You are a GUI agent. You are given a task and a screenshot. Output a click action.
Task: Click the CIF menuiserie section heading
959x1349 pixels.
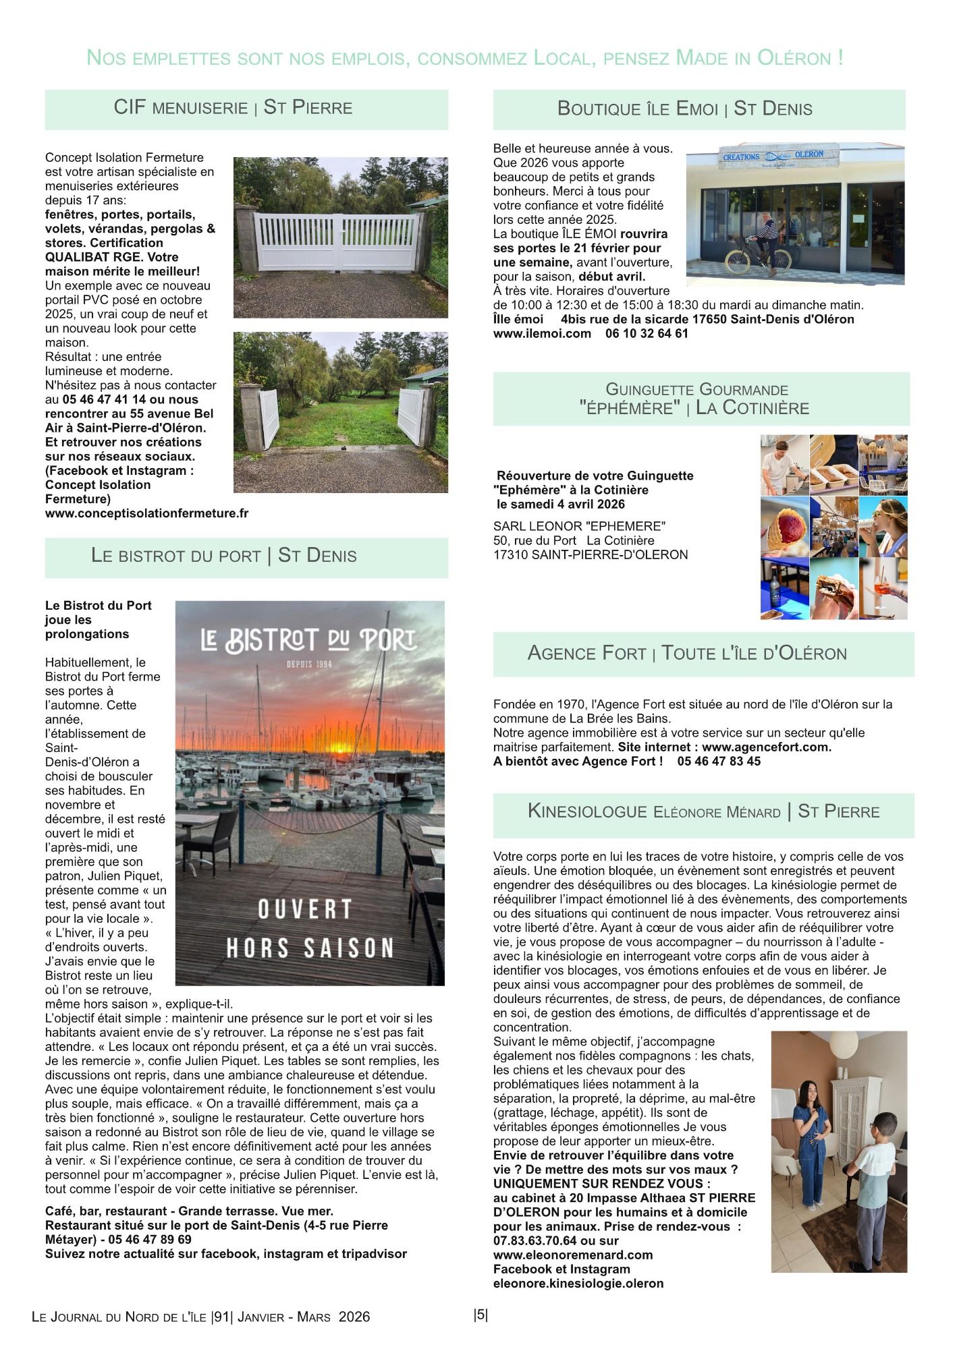tap(233, 108)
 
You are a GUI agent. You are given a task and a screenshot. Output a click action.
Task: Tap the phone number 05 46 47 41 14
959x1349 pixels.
tap(104, 399)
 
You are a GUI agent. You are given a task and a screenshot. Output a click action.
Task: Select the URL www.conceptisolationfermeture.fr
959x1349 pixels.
tap(146, 513)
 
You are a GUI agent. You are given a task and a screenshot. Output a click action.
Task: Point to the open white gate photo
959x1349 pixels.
tap(341, 413)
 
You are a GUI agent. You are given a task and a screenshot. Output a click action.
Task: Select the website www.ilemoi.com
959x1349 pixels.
tap(542, 333)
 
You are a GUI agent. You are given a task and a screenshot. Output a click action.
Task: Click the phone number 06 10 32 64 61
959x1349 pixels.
tap(647, 333)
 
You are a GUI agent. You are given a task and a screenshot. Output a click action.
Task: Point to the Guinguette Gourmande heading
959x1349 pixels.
tap(696, 399)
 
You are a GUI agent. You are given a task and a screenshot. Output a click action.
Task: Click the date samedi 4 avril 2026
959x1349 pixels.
tap(561, 504)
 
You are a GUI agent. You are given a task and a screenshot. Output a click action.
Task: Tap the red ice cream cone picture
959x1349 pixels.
tap(785, 526)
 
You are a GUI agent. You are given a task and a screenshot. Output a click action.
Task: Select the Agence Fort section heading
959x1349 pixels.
tap(687, 653)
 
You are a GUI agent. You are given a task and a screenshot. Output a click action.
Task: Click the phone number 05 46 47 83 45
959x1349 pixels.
tap(719, 761)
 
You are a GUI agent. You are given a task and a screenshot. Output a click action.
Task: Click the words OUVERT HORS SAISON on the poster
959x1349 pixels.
tap(309, 928)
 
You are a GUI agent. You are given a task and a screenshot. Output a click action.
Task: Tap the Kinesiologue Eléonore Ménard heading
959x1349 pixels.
tap(703, 811)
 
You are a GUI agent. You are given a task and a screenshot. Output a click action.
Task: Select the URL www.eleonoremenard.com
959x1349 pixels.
tap(573, 1255)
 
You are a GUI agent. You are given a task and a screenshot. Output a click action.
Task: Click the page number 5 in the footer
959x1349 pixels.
tap(481, 1315)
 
